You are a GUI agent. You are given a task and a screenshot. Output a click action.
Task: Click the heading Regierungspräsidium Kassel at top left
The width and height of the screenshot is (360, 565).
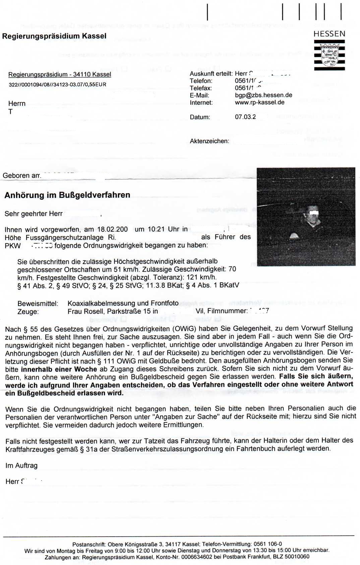coord(54,36)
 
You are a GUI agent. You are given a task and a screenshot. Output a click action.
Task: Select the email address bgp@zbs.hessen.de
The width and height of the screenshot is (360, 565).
coord(263,95)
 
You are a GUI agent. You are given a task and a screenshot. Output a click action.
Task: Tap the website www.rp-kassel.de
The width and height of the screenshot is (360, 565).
coord(259,103)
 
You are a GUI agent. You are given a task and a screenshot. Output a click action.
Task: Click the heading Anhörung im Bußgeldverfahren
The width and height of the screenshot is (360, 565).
coord(67,195)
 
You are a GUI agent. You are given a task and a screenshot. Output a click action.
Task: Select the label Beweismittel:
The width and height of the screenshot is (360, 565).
coord(38,304)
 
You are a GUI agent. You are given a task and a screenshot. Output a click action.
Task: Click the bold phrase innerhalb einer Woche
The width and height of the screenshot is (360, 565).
coord(59,369)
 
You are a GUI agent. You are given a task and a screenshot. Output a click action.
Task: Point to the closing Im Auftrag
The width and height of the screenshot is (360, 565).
coord(21,465)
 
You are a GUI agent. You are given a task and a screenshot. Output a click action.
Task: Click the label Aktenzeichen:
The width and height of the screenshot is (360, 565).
coord(209,141)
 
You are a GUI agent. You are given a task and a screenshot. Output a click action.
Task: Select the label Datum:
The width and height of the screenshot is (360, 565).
coord(200,117)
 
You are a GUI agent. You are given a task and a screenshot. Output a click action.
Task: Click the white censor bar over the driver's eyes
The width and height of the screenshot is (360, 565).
coord(314,212)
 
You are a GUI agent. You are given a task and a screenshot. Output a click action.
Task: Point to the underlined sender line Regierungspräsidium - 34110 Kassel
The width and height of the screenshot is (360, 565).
coord(60,74)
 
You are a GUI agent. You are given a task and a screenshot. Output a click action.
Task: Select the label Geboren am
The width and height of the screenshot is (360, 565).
coord(22,176)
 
